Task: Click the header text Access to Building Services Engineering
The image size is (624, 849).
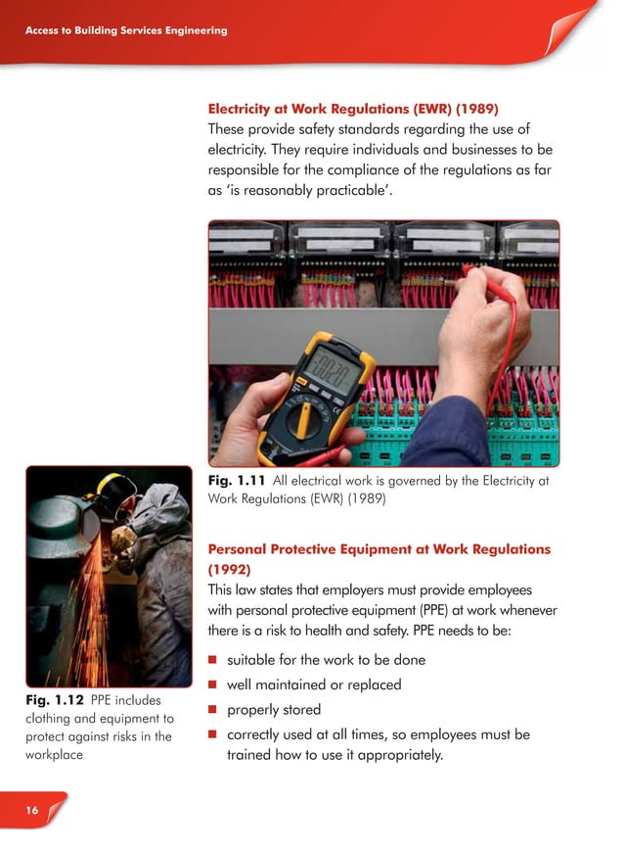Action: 126,30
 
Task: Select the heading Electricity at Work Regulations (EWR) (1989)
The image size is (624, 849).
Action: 359,107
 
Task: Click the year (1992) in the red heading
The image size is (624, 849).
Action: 231,568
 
